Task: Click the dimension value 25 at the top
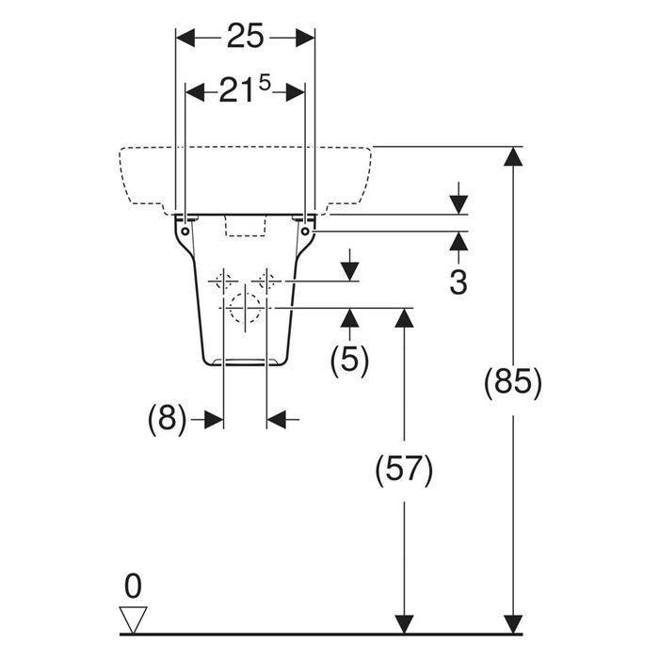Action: click(246, 37)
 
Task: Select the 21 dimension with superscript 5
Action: click(245, 90)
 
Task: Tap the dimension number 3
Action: click(458, 282)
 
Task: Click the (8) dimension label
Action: click(167, 419)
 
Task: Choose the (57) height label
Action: click(404, 470)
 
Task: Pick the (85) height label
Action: click(513, 383)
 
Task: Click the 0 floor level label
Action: click(134, 587)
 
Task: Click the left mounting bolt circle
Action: click(185, 232)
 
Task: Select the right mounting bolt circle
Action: click(306, 232)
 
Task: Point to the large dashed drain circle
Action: click(245, 308)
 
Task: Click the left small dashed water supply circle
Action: click(224, 281)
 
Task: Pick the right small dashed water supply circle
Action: click(266, 281)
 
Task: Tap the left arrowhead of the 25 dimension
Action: click(185, 39)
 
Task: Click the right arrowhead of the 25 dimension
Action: click(306, 39)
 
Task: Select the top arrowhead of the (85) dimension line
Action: click(513, 156)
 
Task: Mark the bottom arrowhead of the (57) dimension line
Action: click(404, 623)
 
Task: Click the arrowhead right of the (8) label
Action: click(214, 420)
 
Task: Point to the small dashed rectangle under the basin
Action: click(246, 226)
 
